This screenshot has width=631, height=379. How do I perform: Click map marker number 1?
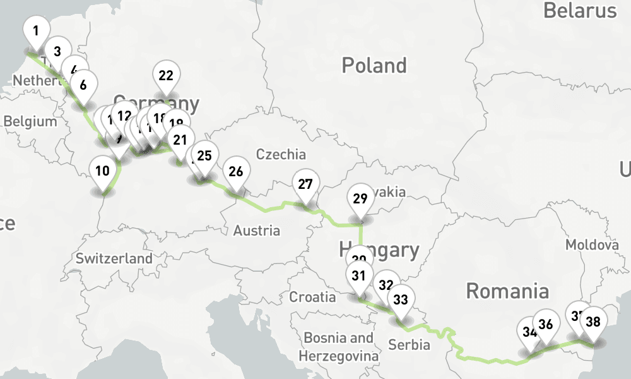point(36,30)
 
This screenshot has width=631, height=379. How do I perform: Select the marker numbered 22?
point(166,76)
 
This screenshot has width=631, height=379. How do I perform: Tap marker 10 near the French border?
point(103,171)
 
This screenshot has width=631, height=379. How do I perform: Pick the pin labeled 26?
point(236,171)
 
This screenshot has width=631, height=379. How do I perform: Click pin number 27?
point(305,184)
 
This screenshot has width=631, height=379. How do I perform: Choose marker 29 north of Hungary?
point(360,199)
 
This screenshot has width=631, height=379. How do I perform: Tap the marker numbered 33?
point(401,299)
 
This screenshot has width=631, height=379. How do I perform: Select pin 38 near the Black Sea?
point(593,322)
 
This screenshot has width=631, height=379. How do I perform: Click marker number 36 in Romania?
point(546,324)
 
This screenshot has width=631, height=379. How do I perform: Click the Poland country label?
point(374,65)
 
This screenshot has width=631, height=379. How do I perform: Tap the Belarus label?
point(579,11)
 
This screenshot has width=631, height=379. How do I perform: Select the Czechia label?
point(281,154)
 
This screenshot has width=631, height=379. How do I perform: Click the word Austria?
point(256,231)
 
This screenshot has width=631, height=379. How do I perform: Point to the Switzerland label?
point(114,258)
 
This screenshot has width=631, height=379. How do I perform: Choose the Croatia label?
point(312,297)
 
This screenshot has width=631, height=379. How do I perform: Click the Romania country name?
point(507,291)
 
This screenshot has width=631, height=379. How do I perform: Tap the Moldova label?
point(591,244)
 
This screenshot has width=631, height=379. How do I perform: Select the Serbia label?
point(409,345)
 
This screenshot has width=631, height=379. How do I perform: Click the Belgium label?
point(30,122)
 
